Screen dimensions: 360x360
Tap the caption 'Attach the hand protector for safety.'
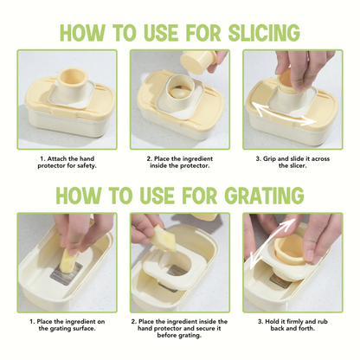point(67,164)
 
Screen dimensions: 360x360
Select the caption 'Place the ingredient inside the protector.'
point(179,164)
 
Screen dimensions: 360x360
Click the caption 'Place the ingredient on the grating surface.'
point(67,325)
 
